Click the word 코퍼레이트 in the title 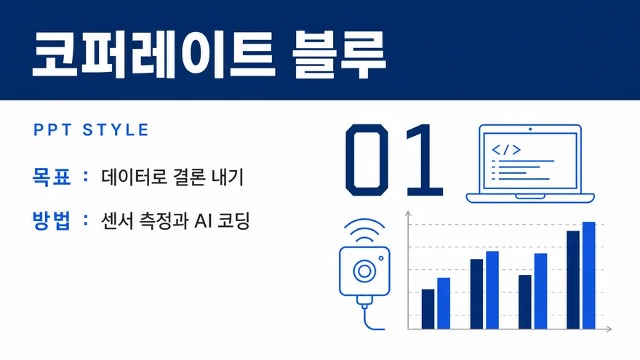point(154,54)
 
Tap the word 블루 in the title point(339,54)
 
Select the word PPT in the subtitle point(52,129)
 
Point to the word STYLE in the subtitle point(116,129)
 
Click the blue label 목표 point(52,177)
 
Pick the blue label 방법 point(52,220)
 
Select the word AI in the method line point(202,221)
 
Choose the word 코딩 point(233,221)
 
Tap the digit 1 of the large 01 point(422,160)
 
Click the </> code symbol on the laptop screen point(506,150)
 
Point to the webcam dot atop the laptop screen point(530,129)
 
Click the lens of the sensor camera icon point(364,271)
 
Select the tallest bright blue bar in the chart point(588,276)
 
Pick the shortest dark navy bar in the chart point(428,309)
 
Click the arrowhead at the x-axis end point(609,329)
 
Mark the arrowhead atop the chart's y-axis point(408,213)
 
